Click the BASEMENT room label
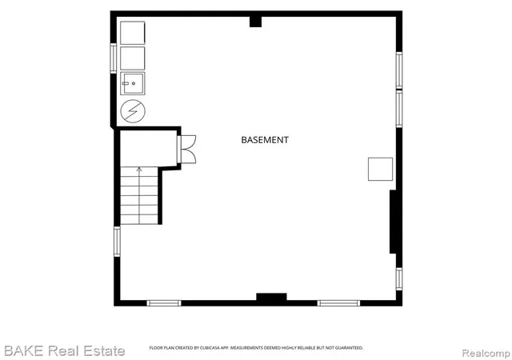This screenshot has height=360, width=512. (265, 140)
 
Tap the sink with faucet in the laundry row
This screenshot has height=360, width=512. (133, 83)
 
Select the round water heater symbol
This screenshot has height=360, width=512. (133, 111)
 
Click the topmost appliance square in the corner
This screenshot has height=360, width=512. (133, 33)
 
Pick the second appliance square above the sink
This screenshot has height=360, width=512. (133, 58)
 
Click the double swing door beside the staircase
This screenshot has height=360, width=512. (186, 149)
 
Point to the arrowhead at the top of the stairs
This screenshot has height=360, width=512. (139, 170)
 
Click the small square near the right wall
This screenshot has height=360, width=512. (381, 169)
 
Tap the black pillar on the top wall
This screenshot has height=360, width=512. (256, 22)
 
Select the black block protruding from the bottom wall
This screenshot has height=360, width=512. (271, 297)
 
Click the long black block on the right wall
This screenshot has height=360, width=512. (393, 222)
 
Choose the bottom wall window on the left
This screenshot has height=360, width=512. (164, 303)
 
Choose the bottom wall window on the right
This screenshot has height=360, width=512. (338, 303)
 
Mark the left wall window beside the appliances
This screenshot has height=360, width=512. (114, 58)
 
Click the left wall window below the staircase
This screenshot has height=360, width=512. (117, 242)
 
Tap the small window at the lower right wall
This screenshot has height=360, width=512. (399, 278)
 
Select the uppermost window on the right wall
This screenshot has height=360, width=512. (399, 70)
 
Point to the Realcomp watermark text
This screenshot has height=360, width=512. (486, 353)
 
